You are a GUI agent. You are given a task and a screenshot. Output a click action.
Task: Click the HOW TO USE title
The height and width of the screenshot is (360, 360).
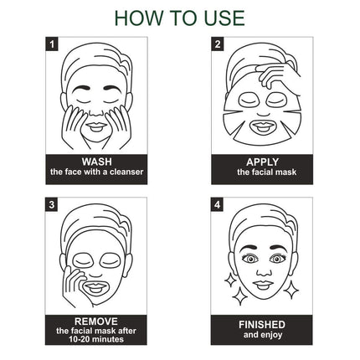[x=179, y=18]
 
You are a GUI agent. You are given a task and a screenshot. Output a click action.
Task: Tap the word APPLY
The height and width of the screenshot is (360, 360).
[x=261, y=162]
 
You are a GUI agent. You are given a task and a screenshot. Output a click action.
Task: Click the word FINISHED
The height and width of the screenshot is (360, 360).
[x=261, y=324]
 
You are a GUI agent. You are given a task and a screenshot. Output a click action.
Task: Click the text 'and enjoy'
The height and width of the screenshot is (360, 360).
[x=261, y=335]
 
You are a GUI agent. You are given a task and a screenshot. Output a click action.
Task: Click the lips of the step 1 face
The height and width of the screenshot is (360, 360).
[x=95, y=126]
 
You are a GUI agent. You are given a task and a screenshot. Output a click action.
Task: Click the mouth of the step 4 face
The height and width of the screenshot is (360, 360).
[x=261, y=285]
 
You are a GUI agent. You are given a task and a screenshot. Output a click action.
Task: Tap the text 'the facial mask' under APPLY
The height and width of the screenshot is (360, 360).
[x=261, y=172]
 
